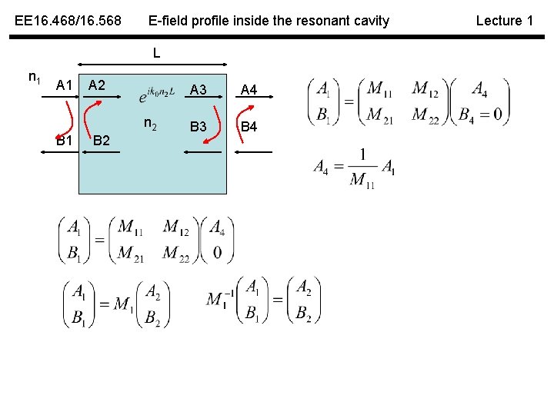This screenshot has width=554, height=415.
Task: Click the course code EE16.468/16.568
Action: [68, 21]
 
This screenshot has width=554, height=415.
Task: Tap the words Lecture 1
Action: [504, 21]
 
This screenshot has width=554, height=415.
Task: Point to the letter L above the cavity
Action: [156, 54]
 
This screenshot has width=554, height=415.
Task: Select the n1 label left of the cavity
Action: [34, 77]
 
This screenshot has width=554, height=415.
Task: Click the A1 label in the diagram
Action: [65, 85]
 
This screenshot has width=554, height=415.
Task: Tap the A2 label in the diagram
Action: [97, 84]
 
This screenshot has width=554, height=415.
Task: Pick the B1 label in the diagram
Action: [65, 141]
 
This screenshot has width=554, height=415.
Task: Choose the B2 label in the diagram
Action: [101, 141]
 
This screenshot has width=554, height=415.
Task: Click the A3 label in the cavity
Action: [198, 90]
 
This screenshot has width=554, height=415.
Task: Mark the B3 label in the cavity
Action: [198, 126]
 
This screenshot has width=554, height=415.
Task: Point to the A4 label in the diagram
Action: [249, 90]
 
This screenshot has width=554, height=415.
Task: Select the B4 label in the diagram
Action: [249, 126]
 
